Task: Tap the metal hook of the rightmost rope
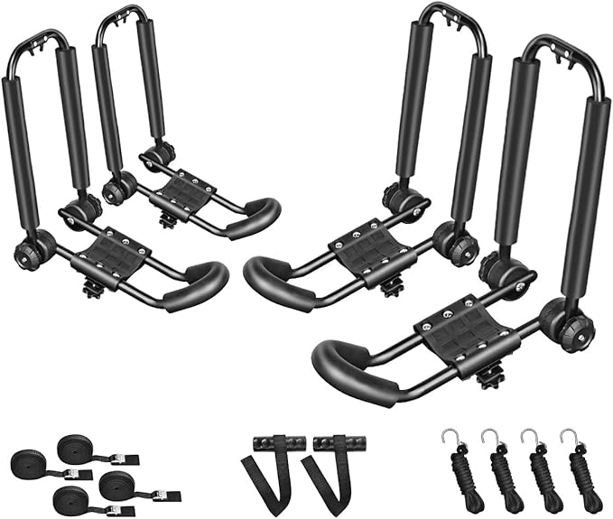[x=567, y=436]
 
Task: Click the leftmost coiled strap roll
[x=33, y=467]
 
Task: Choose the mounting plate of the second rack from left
[x=184, y=192]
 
